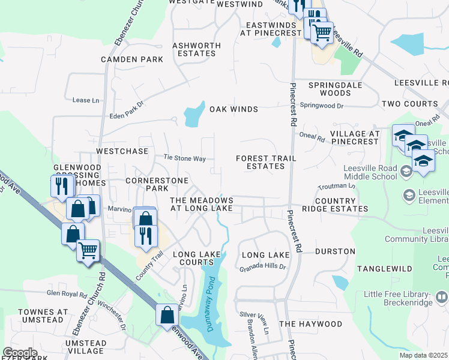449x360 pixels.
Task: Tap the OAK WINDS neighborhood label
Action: (x=234, y=109)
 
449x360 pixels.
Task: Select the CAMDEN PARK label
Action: (x=132, y=59)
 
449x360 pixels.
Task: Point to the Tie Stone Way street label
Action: (x=185, y=158)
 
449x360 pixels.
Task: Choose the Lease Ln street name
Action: (x=85, y=100)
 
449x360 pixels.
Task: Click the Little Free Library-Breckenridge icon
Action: (x=442, y=296)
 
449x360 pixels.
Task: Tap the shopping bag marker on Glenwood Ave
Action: (x=167, y=314)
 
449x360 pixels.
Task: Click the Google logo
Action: (x=20, y=353)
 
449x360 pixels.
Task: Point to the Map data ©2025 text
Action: (x=423, y=355)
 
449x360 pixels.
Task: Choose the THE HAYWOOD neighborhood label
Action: (x=310, y=324)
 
